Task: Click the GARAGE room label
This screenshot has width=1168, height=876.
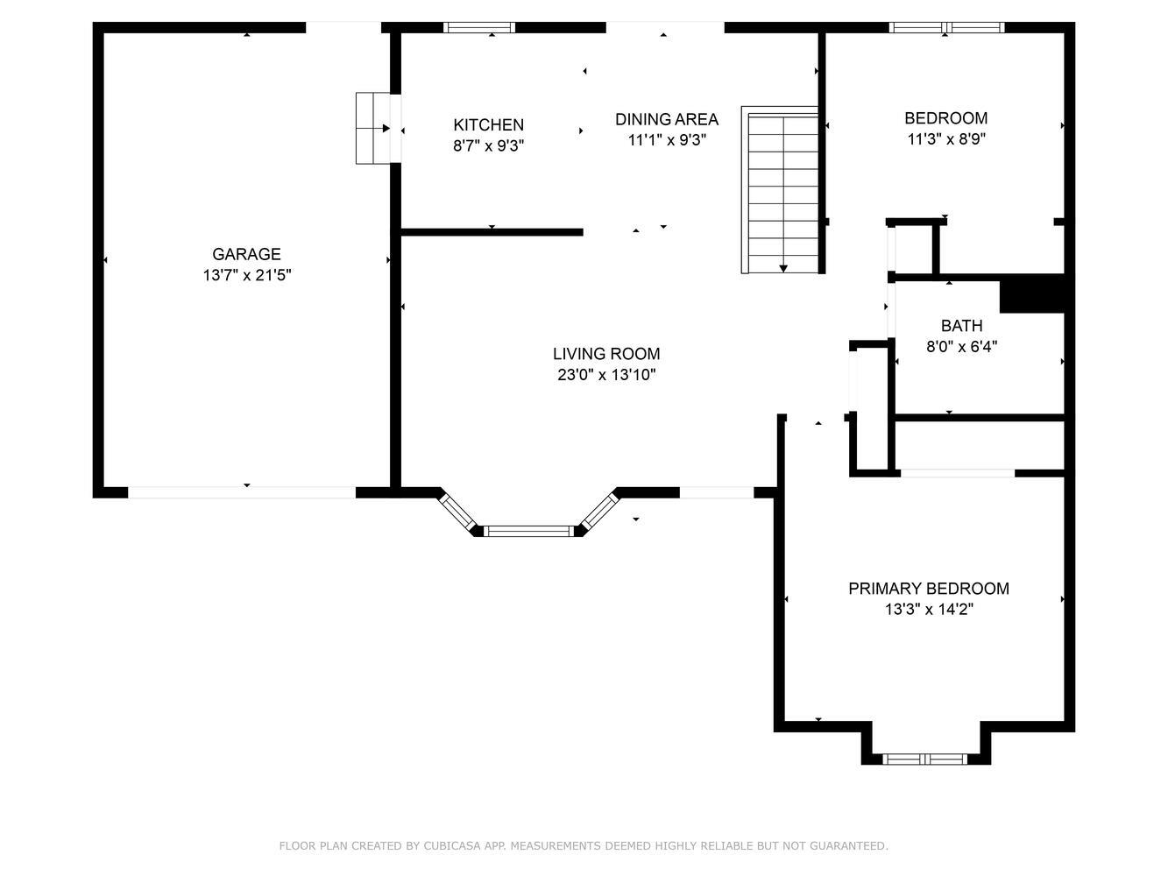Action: [246, 254]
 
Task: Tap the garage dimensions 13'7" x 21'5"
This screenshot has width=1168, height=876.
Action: [247, 275]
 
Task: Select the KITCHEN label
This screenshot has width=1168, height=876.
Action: [488, 125]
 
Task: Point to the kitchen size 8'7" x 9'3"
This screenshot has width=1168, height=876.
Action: [488, 145]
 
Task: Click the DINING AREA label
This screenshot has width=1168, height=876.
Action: [667, 119]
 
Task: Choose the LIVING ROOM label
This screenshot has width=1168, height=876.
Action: [606, 354]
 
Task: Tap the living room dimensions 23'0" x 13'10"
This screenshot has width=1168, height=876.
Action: [606, 374]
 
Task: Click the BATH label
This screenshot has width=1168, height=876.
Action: [961, 326]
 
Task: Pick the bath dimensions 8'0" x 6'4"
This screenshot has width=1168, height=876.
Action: [961, 346]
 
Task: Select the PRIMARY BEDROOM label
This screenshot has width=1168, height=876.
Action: [929, 589]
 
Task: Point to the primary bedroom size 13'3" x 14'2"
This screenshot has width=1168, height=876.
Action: [929, 609]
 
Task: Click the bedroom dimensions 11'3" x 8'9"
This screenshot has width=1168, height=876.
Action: [946, 138]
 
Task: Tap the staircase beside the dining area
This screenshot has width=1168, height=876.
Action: [780, 190]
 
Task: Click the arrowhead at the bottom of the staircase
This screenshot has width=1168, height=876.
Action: [783, 269]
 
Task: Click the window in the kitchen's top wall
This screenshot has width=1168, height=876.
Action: [479, 28]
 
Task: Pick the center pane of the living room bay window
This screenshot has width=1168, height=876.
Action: [529, 531]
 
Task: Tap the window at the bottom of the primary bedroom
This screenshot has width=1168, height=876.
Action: [924, 759]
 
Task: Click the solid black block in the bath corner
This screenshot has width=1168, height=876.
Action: [1032, 293]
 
